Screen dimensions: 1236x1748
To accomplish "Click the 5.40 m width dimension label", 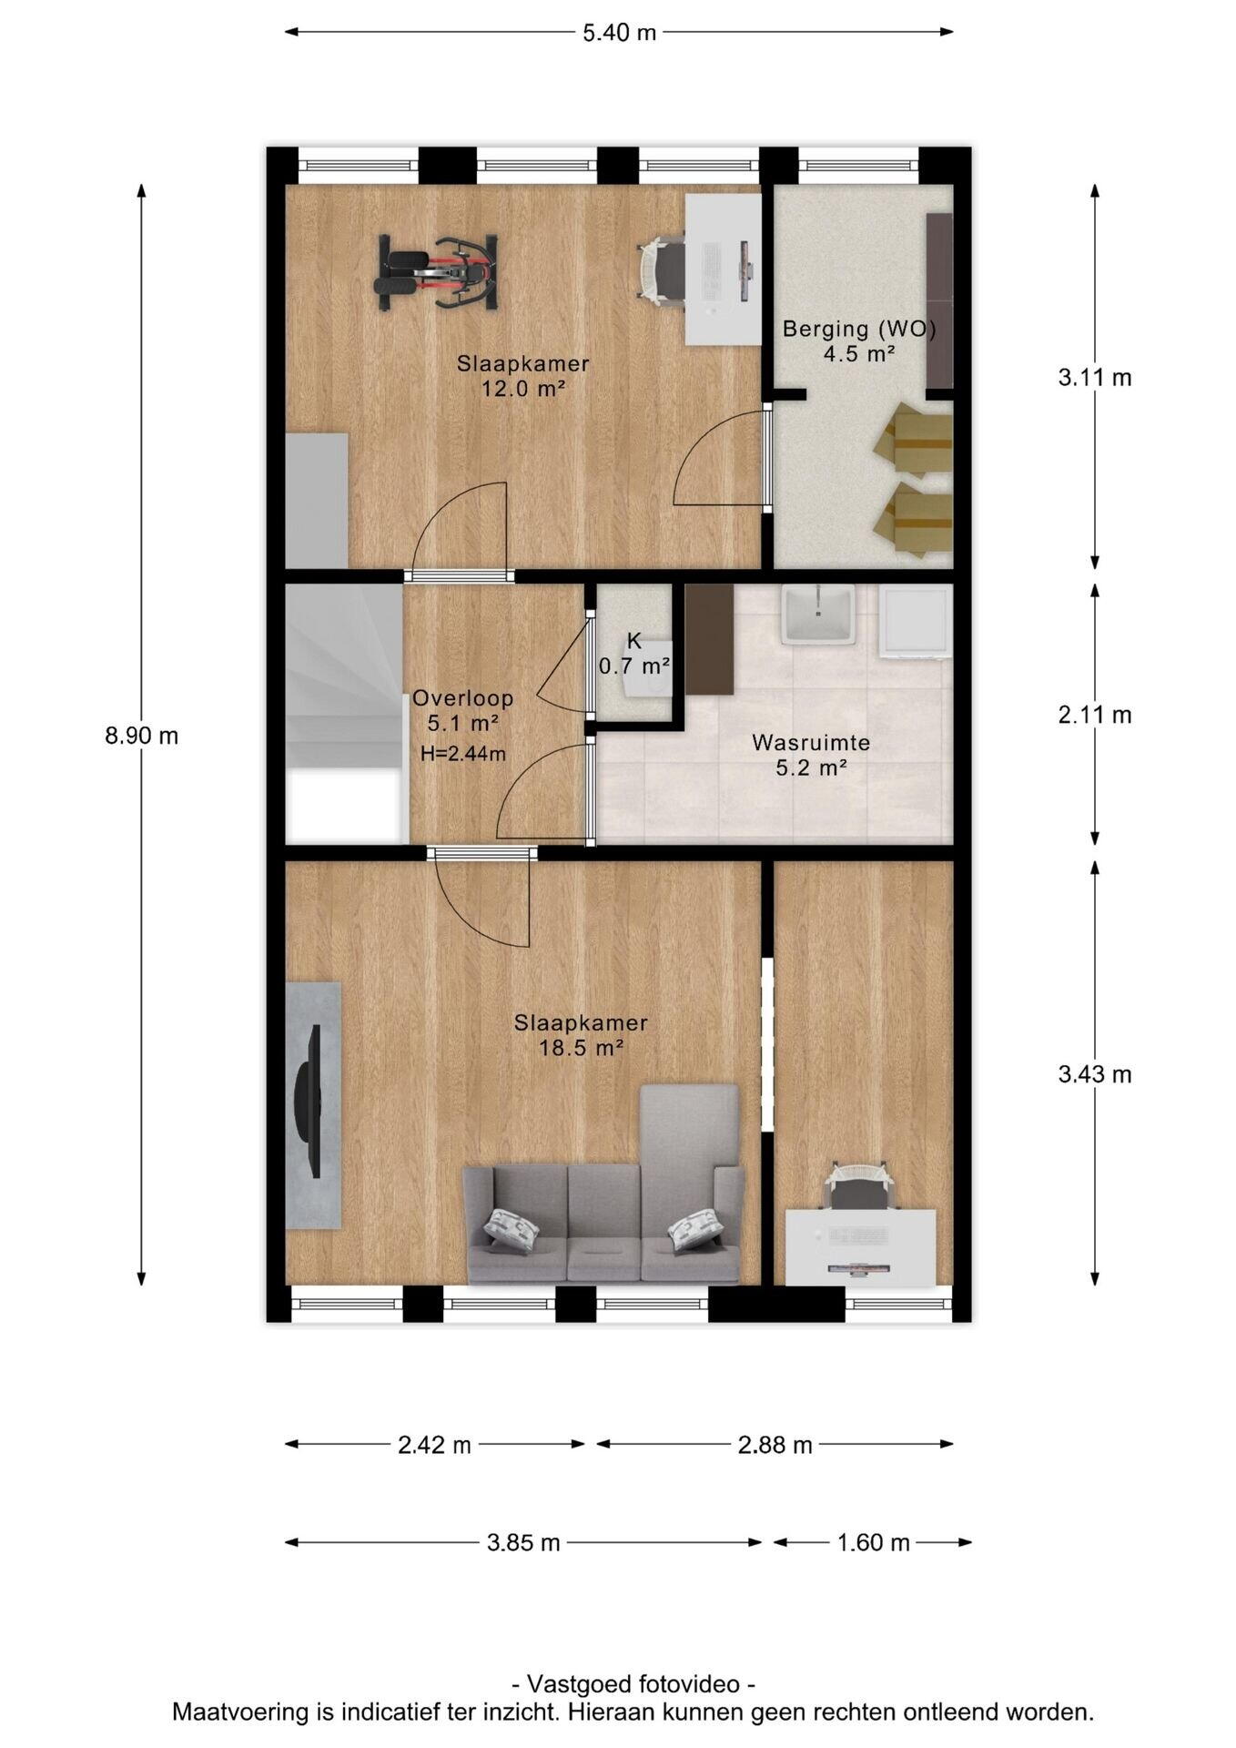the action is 619,33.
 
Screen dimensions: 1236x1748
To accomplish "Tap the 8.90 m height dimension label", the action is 141,736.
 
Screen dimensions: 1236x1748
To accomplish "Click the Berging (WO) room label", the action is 859,329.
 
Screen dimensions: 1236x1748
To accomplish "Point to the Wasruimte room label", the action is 811,743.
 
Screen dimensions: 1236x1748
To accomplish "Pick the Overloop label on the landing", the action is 462,698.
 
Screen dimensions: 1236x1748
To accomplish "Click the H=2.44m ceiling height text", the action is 463,754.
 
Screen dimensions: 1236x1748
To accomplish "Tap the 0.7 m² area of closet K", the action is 634,666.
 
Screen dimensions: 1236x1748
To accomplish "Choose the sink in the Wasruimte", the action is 818,615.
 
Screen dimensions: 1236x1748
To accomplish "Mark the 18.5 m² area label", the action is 581,1049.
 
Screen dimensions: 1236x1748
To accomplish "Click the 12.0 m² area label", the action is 523,390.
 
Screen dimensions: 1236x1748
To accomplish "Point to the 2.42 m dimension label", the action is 434,1445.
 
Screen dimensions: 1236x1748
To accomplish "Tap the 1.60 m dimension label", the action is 873,1543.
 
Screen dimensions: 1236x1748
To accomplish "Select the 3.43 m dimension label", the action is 1095,1074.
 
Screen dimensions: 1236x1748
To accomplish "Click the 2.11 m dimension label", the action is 1095,715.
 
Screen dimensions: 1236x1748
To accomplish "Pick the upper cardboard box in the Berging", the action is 913,439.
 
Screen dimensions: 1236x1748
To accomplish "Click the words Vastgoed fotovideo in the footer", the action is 633,1683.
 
